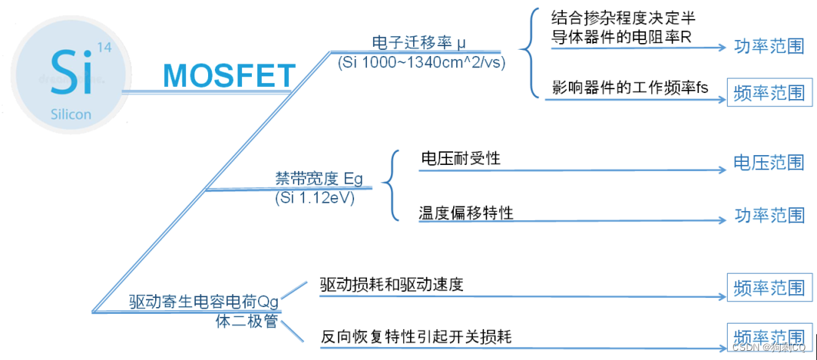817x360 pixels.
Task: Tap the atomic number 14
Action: click(x=104, y=47)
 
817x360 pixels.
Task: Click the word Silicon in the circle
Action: click(x=71, y=114)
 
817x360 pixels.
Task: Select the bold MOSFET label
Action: click(x=228, y=76)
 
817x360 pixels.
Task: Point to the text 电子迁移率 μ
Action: click(x=415, y=41)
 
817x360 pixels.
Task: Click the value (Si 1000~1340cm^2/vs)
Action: click(x=421, y=61)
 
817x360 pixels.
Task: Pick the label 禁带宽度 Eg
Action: click(x=318, y=179)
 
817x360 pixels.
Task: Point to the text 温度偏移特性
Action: click(x=466, y=213)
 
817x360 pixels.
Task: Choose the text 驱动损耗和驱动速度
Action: click(x=391, y=285)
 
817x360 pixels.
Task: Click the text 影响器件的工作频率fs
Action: click(x=630, y=88)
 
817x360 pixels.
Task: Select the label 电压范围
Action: click(x=769, y=163)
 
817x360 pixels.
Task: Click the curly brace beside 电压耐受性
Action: click(x=389, y=185)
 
